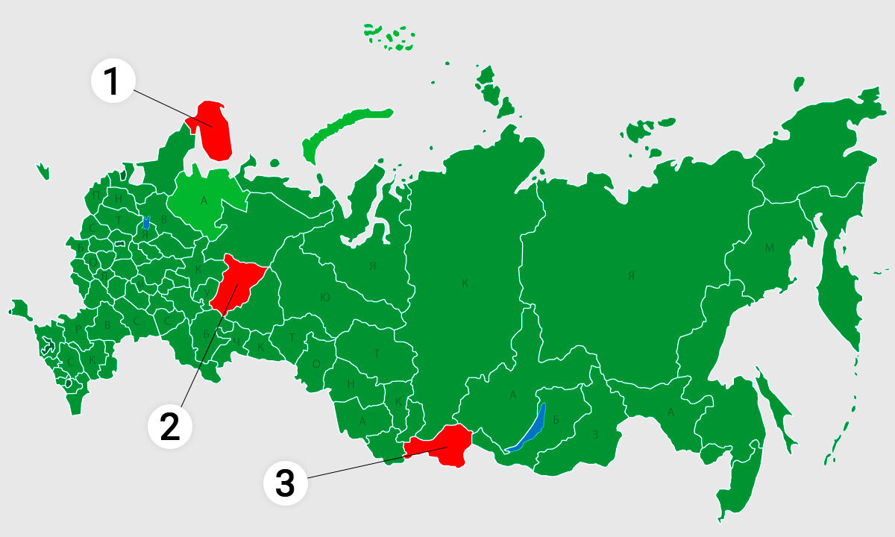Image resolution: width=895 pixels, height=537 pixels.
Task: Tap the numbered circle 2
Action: coord(169,427)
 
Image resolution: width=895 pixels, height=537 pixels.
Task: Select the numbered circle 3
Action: coord(286,484)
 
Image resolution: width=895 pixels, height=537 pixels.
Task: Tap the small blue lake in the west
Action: coord(146,222)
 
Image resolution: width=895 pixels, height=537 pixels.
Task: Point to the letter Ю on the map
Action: coord(324,297)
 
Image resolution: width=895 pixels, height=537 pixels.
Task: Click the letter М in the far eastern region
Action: coord(769,248)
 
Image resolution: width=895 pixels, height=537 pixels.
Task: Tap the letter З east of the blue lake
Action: coord(594,434)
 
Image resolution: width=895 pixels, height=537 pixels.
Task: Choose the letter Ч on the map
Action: coord(236,342)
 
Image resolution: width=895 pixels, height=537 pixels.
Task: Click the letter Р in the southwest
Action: coord(78,329)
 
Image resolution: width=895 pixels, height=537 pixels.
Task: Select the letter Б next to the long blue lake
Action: coord(556,419)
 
